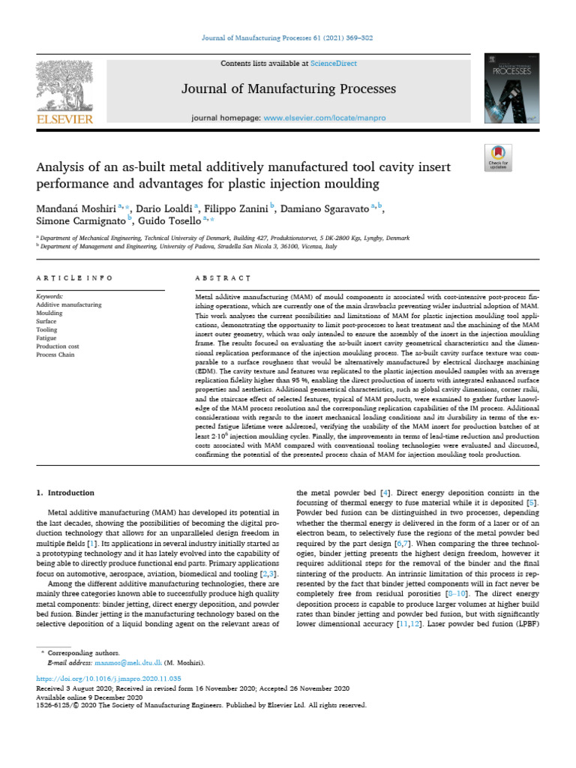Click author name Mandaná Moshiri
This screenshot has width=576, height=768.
point(77,207)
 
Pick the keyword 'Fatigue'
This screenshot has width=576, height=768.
point(46,337)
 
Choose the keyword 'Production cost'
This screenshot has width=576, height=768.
point(57,346)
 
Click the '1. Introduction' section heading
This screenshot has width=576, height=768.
point(65,493)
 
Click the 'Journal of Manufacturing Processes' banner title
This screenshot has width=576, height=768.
point(289,90)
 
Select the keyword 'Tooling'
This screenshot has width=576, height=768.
point(46,329)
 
